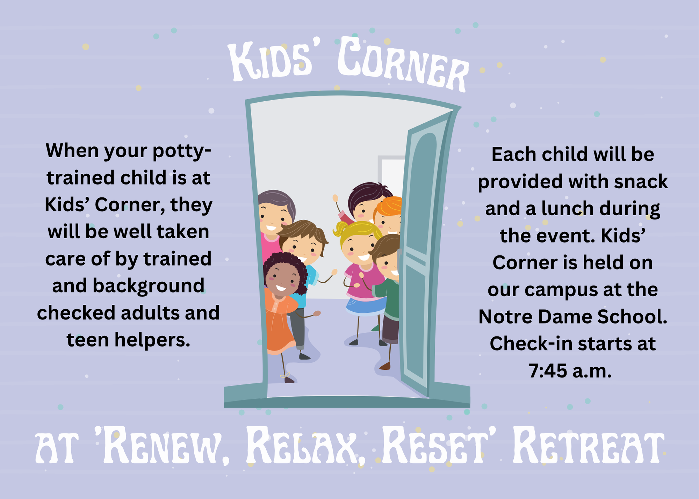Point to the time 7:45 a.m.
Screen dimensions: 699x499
[570, 371]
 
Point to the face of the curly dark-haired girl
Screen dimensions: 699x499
[282, 279]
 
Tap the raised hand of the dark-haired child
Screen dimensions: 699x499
[336, 198]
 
